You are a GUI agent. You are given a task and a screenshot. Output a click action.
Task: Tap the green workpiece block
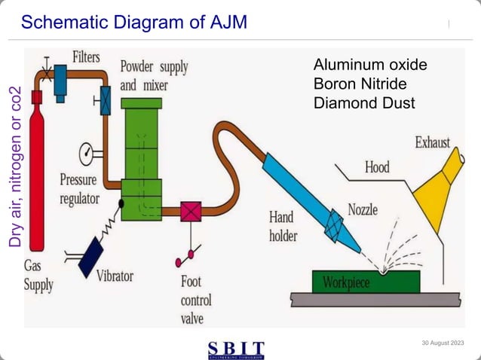pos(366,281)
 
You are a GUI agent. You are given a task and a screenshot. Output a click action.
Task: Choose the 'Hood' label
pos(377,166)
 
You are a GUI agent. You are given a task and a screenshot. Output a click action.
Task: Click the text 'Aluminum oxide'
pos(369,65)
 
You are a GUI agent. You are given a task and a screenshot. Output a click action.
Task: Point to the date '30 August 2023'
pos(443,344)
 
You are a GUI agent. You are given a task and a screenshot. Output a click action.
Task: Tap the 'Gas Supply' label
pos(38,276)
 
